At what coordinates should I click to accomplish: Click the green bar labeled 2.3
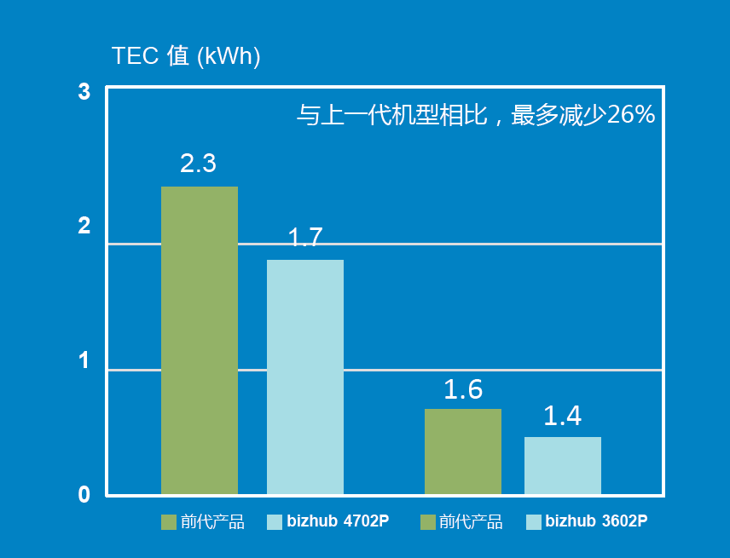point(200,340)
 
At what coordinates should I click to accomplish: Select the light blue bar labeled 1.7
point(305,377)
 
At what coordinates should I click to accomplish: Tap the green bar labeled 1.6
point(463,452)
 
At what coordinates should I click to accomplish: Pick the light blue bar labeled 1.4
point(563,465)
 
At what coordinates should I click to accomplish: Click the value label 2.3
point(198,164)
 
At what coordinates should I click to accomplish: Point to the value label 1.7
point(305,238)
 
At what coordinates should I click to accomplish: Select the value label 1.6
point(463,390)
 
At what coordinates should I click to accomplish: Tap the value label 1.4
point(562,417)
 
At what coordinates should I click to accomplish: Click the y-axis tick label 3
point(84,92)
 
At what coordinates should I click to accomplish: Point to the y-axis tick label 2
point(84,227)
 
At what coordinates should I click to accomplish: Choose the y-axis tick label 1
point(84,360)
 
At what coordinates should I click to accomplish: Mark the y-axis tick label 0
point(84,495)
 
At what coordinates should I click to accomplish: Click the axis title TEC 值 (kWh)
point(186,57)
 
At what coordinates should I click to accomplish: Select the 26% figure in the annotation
point(630,115)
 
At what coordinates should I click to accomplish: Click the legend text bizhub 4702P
point(338,521)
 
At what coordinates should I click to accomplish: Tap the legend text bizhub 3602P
point(596,521)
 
